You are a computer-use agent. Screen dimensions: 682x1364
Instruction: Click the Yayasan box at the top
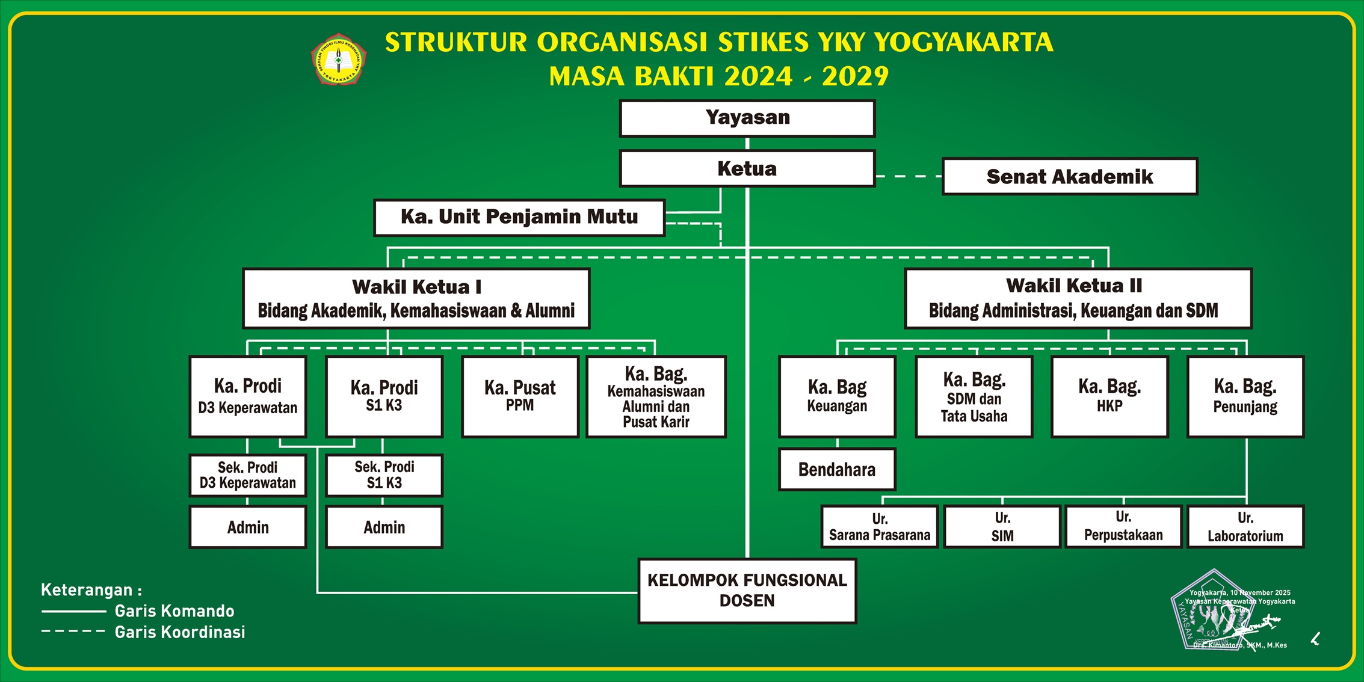[x=747, y=118]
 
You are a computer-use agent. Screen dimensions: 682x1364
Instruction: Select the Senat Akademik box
[x=1069, y=176]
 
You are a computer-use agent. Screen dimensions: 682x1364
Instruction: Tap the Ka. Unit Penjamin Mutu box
[x=519, y=217]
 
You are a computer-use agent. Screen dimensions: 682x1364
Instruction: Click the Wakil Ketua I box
[x=416, y=298]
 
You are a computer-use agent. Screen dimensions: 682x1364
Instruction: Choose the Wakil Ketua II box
[x=1078, y=298]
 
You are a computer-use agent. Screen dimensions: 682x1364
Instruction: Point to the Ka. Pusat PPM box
[x=520, y=396]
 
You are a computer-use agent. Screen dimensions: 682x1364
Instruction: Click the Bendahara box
[x=836, y=469]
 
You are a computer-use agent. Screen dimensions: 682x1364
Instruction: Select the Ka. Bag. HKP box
[x=1109, y=396]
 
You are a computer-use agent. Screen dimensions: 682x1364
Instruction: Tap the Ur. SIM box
[x=1002, y=527]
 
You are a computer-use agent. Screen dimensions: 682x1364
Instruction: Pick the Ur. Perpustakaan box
[x=1123, y=527]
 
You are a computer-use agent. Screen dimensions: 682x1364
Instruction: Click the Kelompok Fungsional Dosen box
[x=747, y=591]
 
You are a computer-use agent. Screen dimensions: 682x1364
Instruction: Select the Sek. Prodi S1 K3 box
[x=384, y=475]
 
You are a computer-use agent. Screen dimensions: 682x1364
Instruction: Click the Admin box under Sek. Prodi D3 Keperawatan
[x=248, y=527]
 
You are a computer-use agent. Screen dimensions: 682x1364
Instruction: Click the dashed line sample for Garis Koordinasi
[x=73, y=631]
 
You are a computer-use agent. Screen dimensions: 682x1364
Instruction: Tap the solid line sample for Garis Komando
[x=73, y=611]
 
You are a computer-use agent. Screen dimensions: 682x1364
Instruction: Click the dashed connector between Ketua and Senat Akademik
[x=909, y=176]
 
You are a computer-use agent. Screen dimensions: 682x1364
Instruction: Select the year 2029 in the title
[x=855, y=76]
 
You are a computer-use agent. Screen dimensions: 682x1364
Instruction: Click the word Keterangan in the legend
[x=87, y=590]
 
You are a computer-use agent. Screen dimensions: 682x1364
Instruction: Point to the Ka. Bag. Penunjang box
[x=1245, y=396]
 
